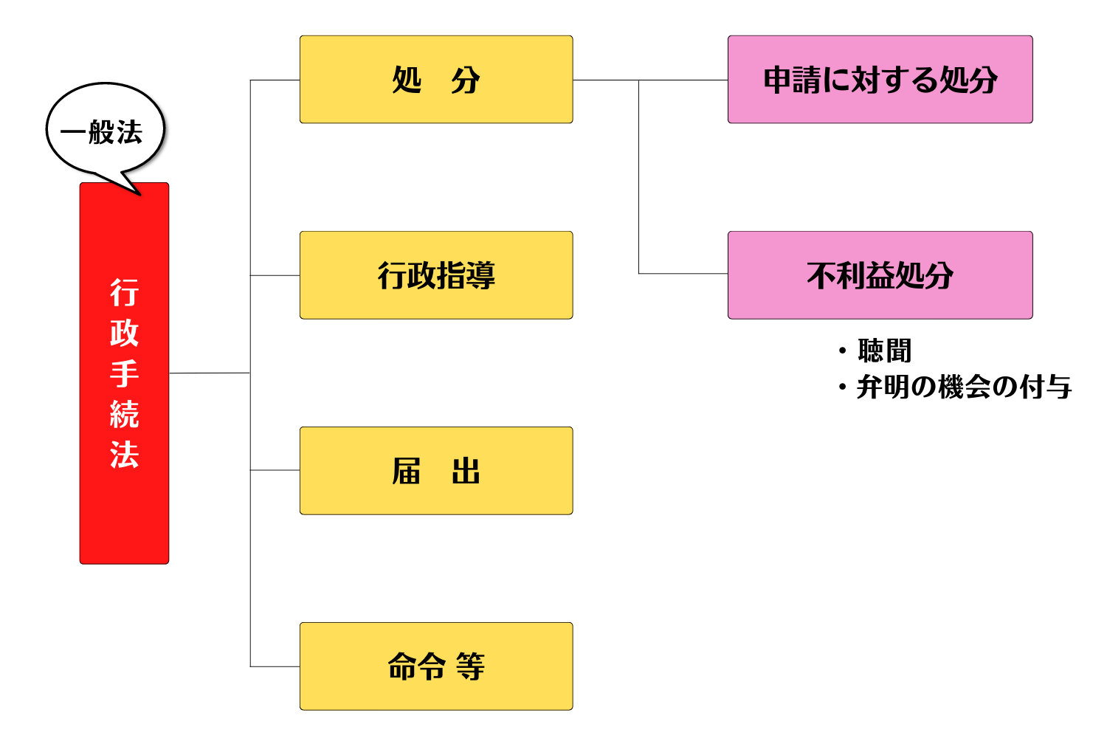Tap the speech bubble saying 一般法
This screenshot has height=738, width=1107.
[103, 132]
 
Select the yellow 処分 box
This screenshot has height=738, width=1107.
[436, 80]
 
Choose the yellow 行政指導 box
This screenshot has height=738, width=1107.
[436, 275]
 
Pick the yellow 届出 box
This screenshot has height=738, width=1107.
[436, 471]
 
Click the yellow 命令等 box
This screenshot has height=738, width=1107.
[436, 666]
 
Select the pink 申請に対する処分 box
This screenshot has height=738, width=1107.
[880, 80]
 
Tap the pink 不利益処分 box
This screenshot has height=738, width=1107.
[880, 275]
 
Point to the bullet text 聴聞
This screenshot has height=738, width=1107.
[885, 351]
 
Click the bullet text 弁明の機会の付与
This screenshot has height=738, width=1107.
[964, 387]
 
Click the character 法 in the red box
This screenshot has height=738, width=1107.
[124, 455]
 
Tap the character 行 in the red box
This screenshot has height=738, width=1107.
[124, 293]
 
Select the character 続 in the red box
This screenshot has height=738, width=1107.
[124, 414]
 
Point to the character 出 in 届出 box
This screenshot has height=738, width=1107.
[466, 471]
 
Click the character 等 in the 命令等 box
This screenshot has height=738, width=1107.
[470, 666]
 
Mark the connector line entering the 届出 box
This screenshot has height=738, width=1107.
[275, 470]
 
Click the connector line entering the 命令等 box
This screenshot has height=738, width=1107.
[275, 666]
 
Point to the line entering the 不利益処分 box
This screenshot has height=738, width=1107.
[683, 274]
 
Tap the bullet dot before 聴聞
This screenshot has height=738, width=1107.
[842, 351]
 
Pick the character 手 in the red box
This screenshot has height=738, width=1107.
[124, 373]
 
